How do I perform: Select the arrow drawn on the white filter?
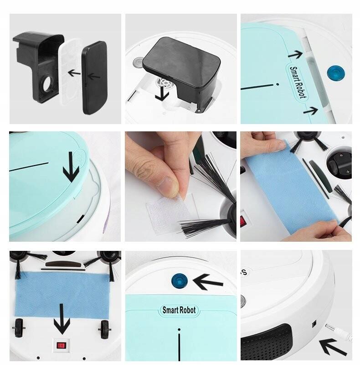click(74, 73)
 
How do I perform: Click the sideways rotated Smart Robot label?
click(297, 82)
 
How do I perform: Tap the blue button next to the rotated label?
click(336, 72)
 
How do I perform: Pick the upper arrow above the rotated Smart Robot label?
click(295, 54)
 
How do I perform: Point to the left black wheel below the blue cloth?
click(19, 328)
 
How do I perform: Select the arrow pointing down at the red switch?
click(62, 319)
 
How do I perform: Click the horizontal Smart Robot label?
click(179, 310)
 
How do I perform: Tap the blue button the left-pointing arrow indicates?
click(180, 281)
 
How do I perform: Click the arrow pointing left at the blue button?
click(208, 282)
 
